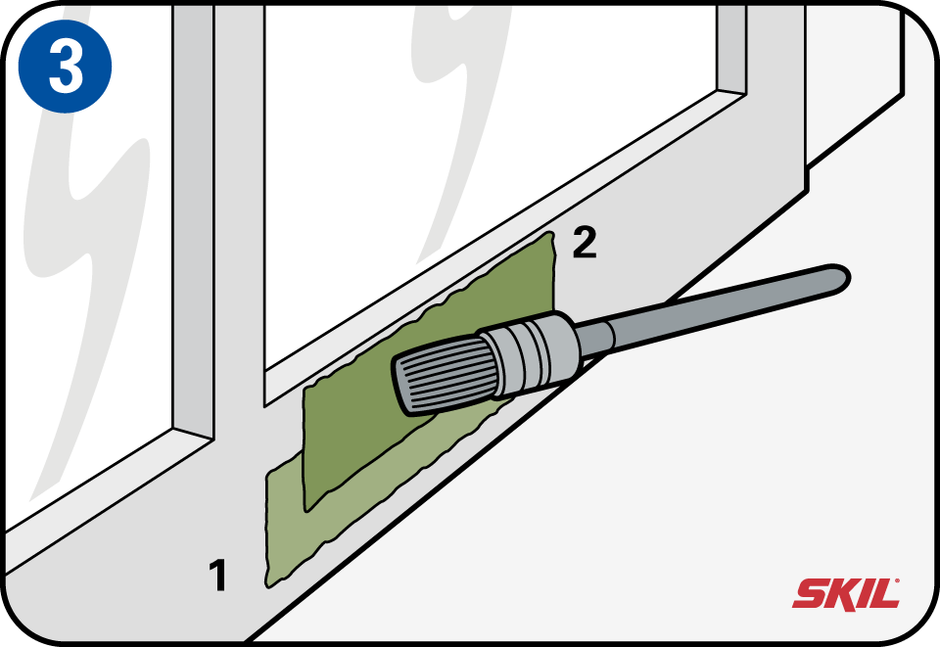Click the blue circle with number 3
pyautogui.click(x=65, y=66)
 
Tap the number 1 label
pyautogui.click(x=217, y=576)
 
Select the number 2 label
pyautogui.click(x=585, y=242)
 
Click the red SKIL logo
pyautogui.click(x=846, y=594)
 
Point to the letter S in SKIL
pyautogui.click(x=810, y=594)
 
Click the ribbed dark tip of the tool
pyautogui.click(x=443, y=375)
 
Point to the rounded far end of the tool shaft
pyautogui.click(x=839, y=278)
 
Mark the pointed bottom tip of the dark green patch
pyautogui.click(x=307, y=511)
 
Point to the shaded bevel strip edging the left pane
pyautogui.click(x=193, y=221)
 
